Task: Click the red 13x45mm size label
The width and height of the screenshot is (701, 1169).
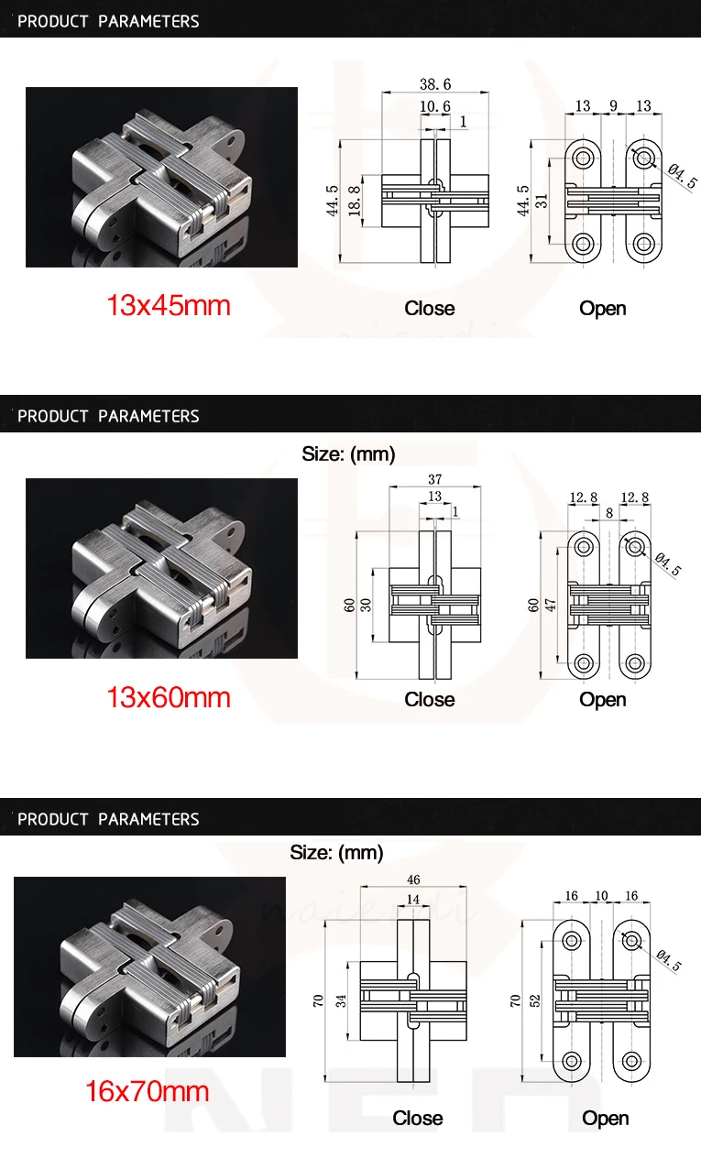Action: point(169,305)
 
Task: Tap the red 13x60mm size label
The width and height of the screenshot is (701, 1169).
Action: point(169,697)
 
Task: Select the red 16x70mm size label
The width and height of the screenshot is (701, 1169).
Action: point(147,1091)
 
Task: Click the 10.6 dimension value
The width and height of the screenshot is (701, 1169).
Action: point(434,106)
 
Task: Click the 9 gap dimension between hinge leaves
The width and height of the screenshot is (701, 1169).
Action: point(613,106)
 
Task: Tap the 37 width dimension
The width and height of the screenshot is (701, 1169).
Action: point(434,478)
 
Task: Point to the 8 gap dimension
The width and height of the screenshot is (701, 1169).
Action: point(609,514)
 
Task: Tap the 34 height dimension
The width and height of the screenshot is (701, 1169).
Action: point(342,1001)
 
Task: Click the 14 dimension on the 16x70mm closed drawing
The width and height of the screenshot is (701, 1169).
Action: point(413,900)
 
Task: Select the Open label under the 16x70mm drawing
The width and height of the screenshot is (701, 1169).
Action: point(605,1118)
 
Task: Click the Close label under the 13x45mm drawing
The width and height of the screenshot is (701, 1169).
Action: point(429,309)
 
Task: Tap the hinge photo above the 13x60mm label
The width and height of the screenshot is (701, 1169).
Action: point(161,568)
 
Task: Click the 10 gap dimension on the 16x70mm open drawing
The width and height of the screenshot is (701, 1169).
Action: point(601,895)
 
